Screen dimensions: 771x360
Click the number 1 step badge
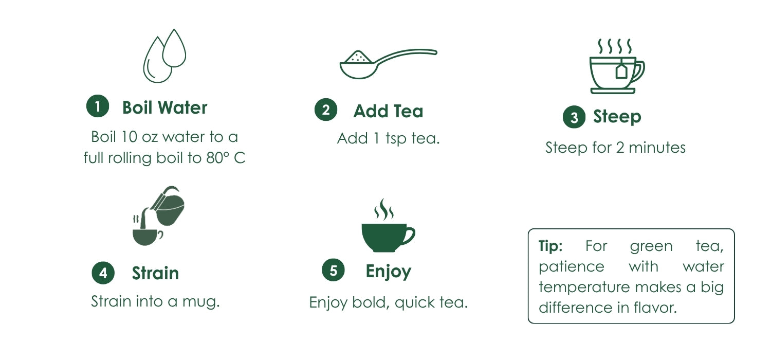[x=98, y=106]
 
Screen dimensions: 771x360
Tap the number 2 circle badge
[x=326, y=110]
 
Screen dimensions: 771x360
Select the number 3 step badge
[x=574, y=117]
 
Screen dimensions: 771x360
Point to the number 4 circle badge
[x=103, y=273]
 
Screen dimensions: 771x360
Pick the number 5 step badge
[x=333, y=270]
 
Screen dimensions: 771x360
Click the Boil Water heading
[x=165, y=107]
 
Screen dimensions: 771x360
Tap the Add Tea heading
[x=388, y=111]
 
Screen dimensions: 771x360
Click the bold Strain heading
[x=155, y=273]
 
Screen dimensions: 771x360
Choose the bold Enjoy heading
[x=388, y=272]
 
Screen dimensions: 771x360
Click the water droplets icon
[x=164, y=56]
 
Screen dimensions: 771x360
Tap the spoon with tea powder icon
[x=388, y=64]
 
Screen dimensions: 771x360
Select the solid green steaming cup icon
[x=388, y=225]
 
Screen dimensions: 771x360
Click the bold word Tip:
[x=550, y=246]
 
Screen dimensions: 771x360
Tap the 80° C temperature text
[x=226, y=158]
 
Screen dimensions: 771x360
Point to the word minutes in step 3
[x=657, y=148]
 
